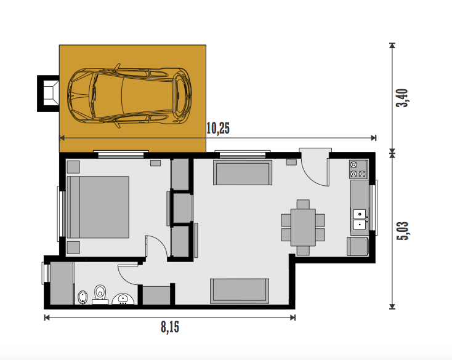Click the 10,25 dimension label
tap(218, 129)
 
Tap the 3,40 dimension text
tap(402, 98)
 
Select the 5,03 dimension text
tap(402, 231)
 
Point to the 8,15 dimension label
tap(170, 327)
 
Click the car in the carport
tap(129, 95)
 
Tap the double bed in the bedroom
tap(98, 207)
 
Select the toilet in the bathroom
tap(100, 294)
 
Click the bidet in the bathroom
tap(83, 297)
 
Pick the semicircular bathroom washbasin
tap(123, 299)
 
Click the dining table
tap(303, 228)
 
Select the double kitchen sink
tap(360, 219)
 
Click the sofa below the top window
tap(243, 172)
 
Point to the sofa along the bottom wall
tap(240, 291)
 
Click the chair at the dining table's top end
tap(303, 204)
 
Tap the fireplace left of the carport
tap(49, 94)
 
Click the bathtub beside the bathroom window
tap(62, 283)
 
